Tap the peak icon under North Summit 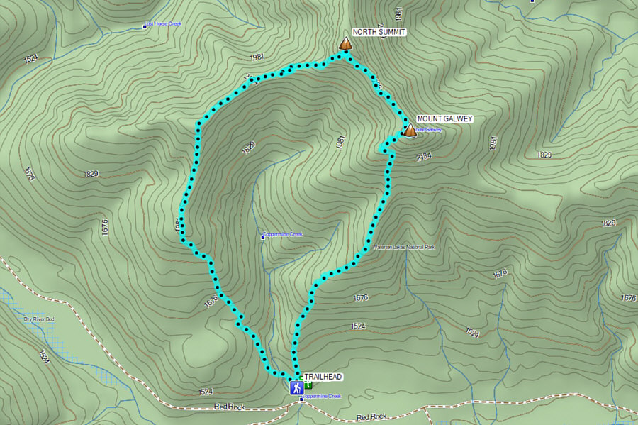[x=345, y=44]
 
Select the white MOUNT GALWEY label [x=444, y=119]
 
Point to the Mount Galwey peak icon [x=410, y=131]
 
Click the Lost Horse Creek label [x=164, y=25]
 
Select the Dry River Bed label [x=39, y=319]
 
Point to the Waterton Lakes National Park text [x=404, y=247]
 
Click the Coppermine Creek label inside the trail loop [x=283, y=235]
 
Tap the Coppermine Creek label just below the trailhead [x=323, y=397]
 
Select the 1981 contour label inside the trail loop [x=341, y=142]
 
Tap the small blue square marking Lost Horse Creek [x=145, y=26]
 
